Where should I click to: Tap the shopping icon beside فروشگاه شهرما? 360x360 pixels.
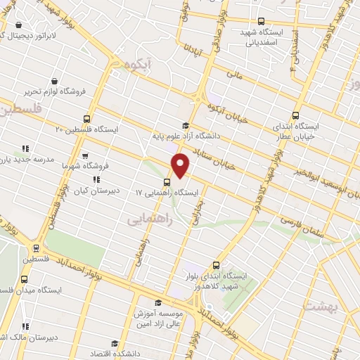coord(85,156)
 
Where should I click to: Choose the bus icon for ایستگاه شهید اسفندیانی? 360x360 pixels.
coord(262,21)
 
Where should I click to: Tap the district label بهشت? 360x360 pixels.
coord(320,307)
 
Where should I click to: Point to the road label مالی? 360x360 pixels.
coord(233,72)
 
